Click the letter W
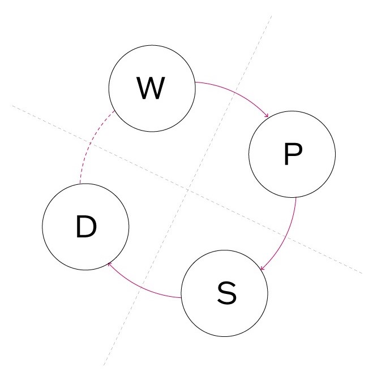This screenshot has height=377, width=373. [151, 88]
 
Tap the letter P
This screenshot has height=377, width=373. [292, 154]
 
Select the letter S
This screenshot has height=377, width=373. [225, 293]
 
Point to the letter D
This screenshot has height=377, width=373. [85, 227]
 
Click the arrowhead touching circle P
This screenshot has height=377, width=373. [267, 117]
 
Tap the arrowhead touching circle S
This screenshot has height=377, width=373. [261, 268]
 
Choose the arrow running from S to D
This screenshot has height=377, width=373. [142, 288]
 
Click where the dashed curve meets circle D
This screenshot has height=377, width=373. [80, 184]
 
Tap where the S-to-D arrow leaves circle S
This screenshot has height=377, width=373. [181, 297]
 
